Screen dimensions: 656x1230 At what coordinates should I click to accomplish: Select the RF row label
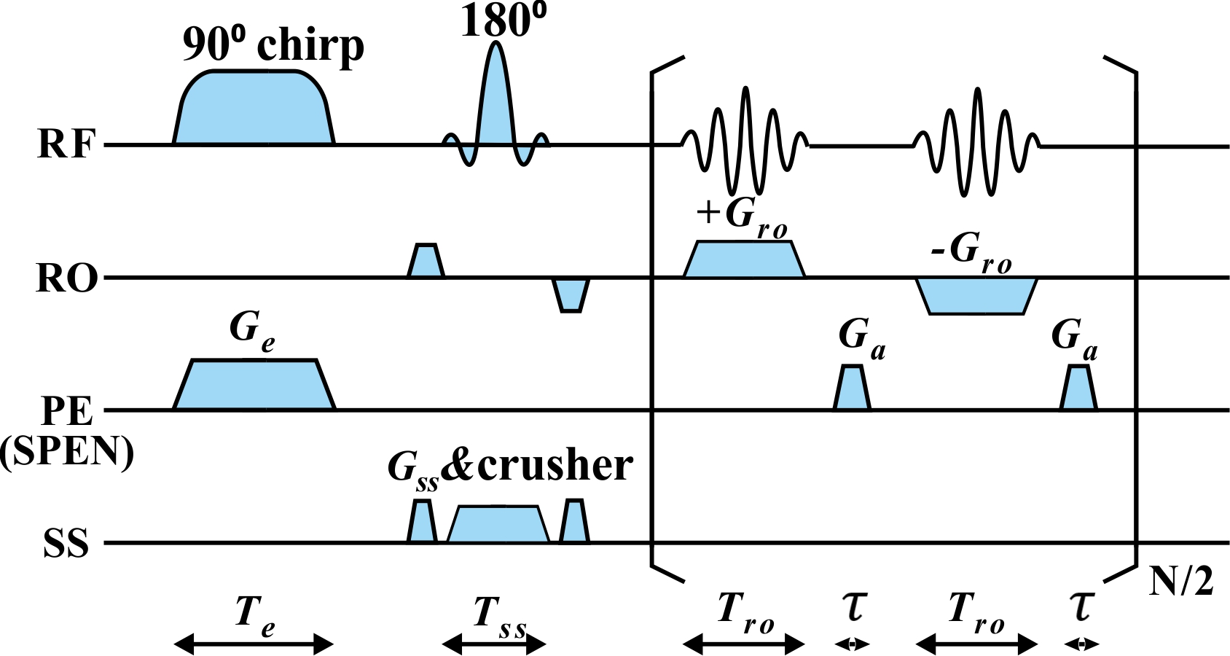pos(66,144)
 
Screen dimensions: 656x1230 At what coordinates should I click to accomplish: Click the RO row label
pos(66,278)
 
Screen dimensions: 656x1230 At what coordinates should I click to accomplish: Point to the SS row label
pos(66,544)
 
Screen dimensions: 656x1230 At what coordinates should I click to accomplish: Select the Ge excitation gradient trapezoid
pos(254,385)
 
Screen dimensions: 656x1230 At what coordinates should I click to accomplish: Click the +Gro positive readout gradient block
pos(744,259)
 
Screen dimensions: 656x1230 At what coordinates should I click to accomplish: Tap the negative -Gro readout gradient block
pos(976,296)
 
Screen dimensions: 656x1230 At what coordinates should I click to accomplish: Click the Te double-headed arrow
pos(254,644)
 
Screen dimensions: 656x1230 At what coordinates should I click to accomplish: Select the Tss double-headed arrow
pos(494,644)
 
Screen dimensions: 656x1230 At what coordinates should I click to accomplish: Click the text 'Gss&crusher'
pos(510,466)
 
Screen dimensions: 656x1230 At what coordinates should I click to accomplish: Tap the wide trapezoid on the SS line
pos(498,525)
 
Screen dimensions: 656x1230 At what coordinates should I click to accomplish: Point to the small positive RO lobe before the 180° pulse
pos(426,262)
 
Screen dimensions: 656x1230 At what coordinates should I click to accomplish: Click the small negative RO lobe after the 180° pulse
pos(571,294)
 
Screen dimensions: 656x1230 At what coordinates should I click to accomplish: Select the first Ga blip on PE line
pos(852,388)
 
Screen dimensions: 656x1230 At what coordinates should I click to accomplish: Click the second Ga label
pos(1074,340)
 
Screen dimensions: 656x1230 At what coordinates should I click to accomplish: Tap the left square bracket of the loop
pos(654,321)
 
